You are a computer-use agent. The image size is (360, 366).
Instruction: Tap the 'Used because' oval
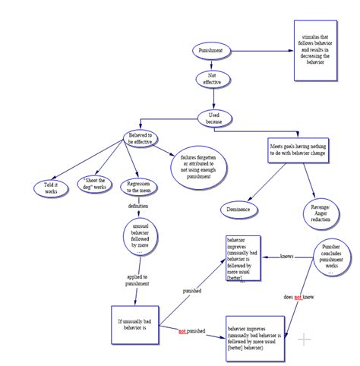tap(213, 118)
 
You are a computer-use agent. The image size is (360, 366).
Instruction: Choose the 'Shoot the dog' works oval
tap(96, 185)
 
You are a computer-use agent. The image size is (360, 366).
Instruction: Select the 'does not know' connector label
tap(297, 297)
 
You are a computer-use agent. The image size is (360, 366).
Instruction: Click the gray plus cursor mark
tap(305, 339)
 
